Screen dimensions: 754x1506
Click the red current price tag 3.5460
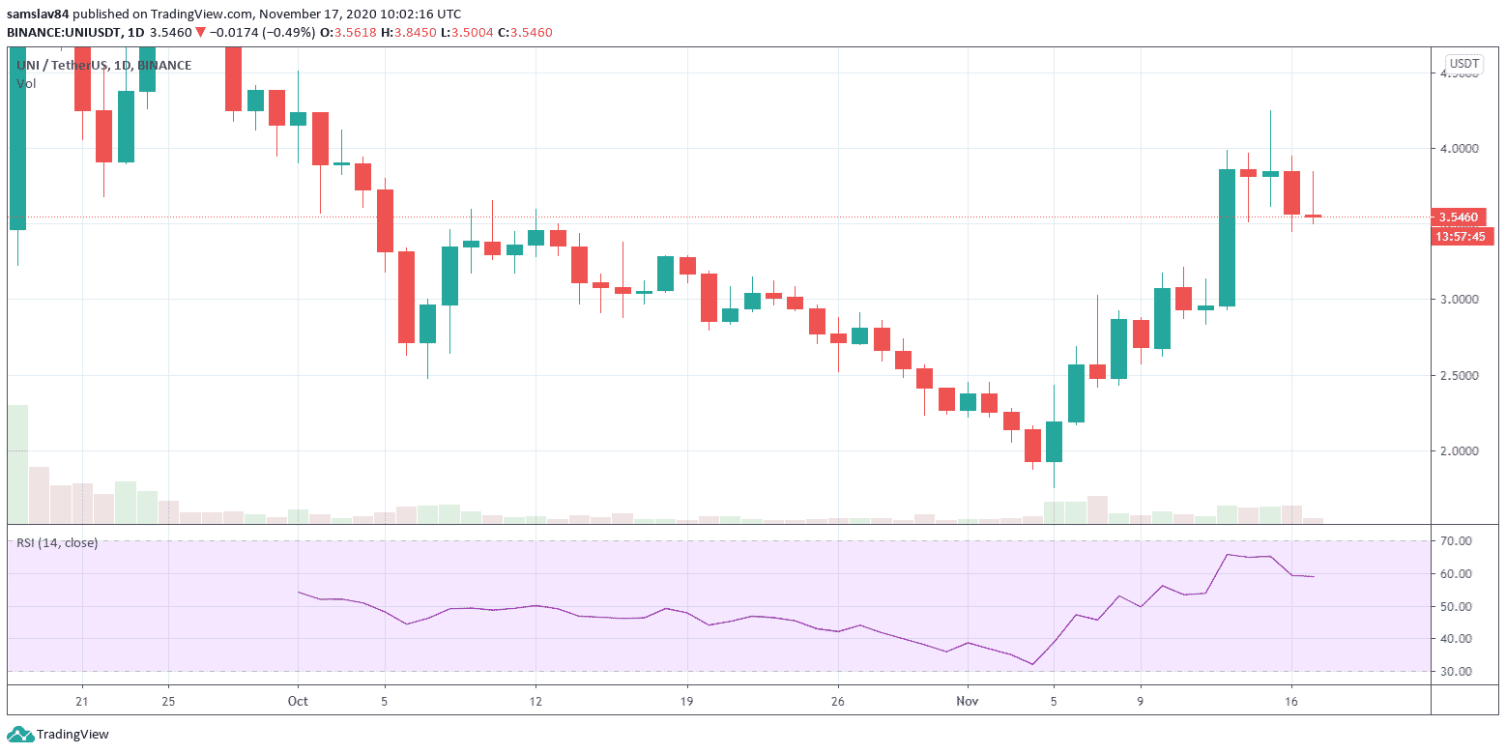pyautogui.click(x=1462, y=217)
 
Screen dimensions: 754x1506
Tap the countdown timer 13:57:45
pyautogui.click(x=1462, y=236)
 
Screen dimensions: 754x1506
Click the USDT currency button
pyautogui.click(x=1463, y=64)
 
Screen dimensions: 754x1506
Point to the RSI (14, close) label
pyautogui.click(x=57, y=543)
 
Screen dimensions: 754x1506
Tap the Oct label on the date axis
pyautogui.click(x=297, y=701)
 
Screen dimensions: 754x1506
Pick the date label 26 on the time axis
pyautogui.click(x=838, y=701)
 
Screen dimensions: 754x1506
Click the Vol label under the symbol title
pyautogui.click(x=26, y=84)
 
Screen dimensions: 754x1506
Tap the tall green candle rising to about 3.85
pyautogui.click(x=1227, y=238)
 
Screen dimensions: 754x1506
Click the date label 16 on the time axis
pyautogui.click(x=1291, y=701)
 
